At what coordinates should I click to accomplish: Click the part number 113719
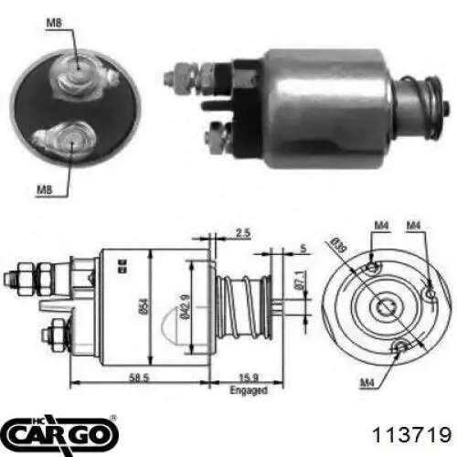[411, 434]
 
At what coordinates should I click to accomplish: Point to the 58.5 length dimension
[139, 377]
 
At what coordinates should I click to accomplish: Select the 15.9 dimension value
[249, 377]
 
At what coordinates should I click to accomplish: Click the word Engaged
[249, 390]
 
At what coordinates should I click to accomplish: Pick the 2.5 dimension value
[243, 233]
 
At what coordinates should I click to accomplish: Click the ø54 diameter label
[144, 305]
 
